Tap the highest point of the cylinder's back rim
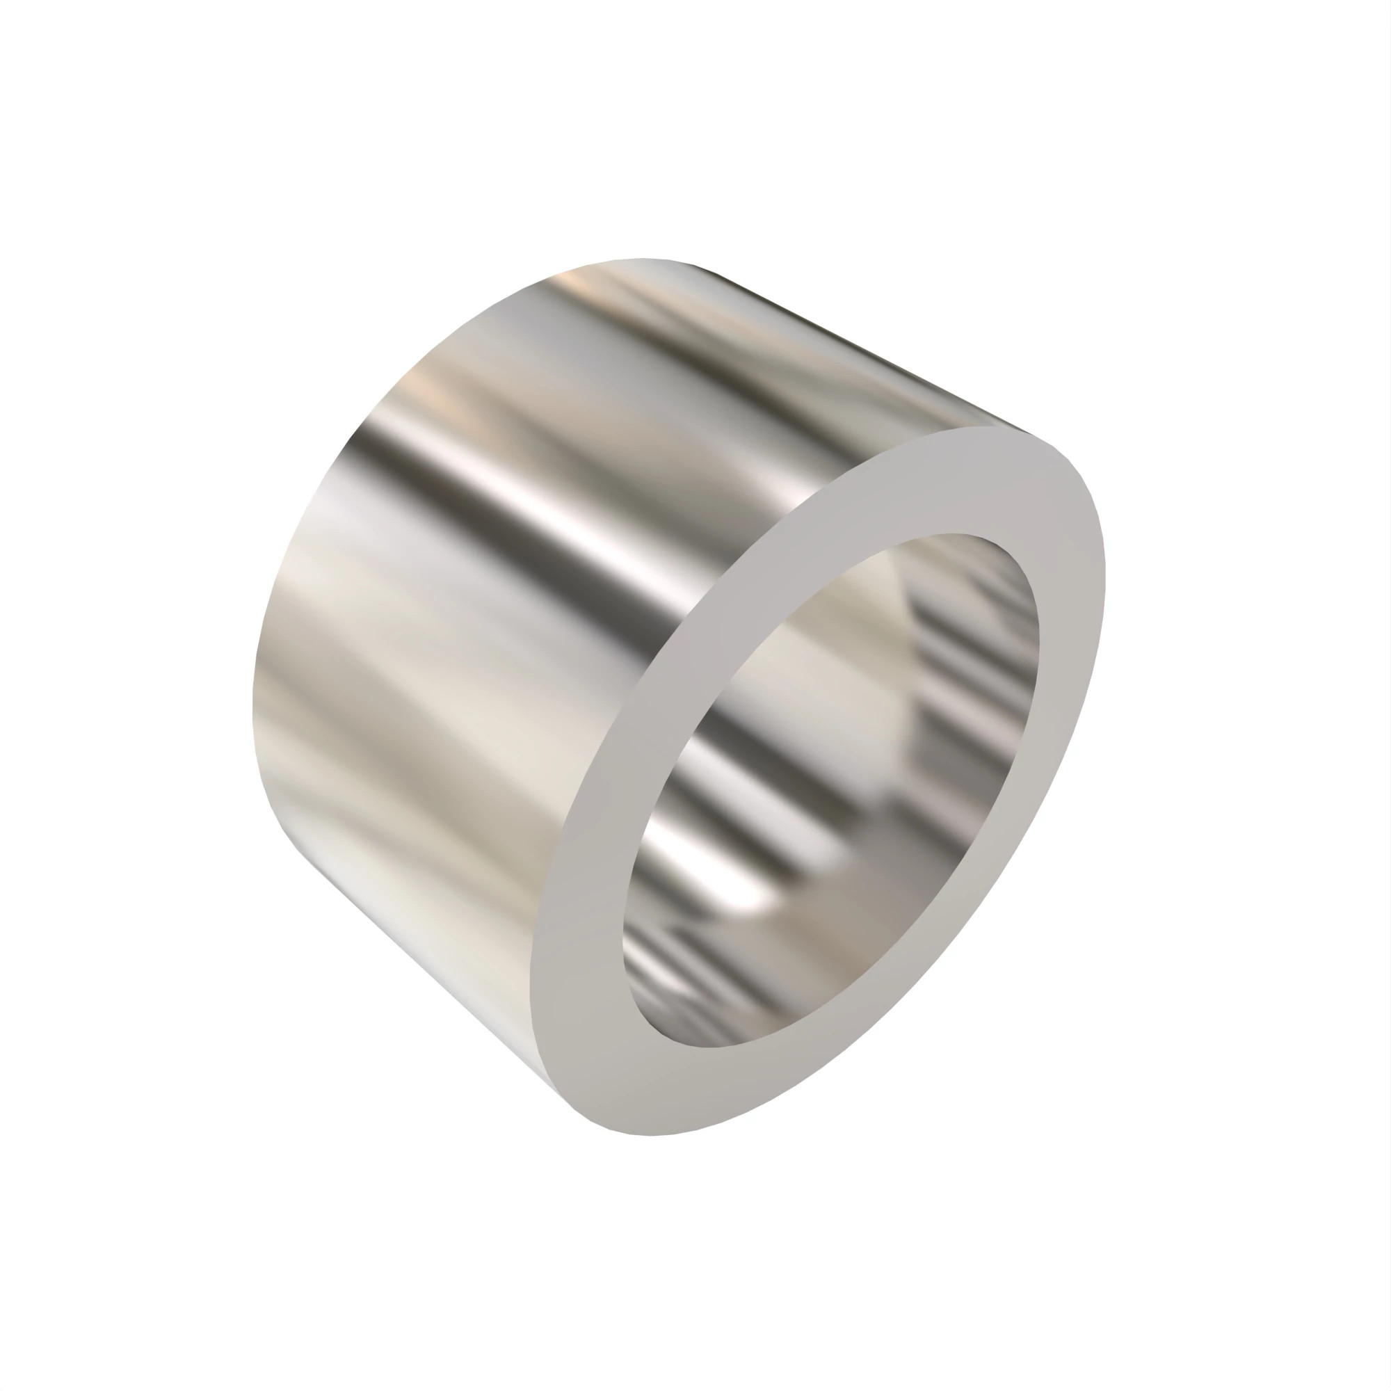[641, 259]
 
